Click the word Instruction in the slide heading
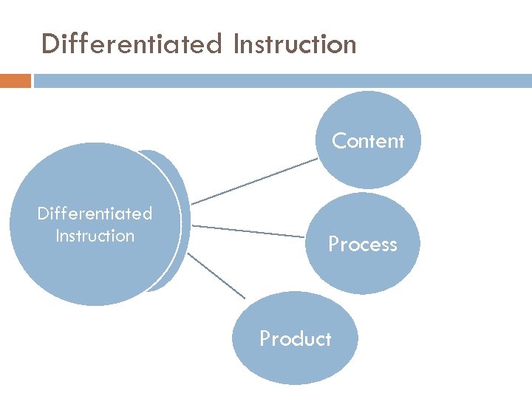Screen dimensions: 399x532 coord(294,44)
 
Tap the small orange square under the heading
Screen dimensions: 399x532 coord(16,81)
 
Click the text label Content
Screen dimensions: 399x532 coord(368,140)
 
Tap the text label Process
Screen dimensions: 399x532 coord(363,245)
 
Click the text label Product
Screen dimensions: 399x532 coord(296,339)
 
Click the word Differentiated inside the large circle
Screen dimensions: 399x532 coord(95,214)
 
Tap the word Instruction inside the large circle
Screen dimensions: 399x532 coord(95,236)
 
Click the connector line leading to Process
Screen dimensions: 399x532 coord(248,231)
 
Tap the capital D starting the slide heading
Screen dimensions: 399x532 coord(50,44)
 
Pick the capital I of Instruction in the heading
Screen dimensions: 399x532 coord(236,44)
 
